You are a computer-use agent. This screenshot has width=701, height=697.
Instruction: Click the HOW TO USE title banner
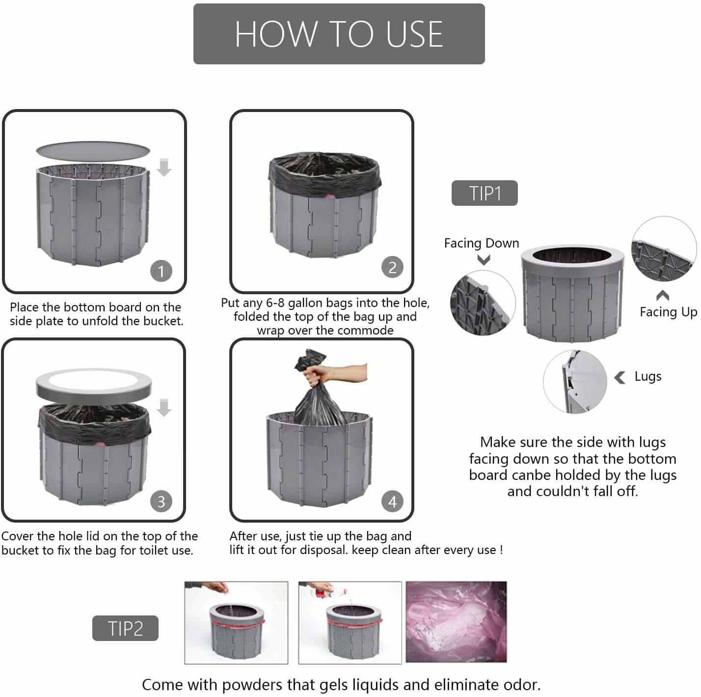(339, 34)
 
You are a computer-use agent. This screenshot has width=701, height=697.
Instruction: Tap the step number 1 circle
(161, 271)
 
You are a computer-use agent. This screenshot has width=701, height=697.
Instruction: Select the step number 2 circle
(392, 267)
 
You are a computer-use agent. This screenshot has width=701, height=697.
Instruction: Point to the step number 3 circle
(161, 501)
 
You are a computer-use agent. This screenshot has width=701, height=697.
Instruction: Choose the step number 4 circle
(392, 501)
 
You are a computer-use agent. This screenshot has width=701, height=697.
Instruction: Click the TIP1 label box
(485, 193)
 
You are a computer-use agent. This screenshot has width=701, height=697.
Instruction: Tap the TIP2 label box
(125, 628)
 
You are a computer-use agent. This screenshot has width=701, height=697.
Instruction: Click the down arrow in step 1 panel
(164, 168)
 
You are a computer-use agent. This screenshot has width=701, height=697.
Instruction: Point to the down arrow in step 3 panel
(164, 408)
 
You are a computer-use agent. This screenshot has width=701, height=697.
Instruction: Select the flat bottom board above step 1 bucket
(93, 150)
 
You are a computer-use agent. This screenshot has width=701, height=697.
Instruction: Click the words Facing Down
(482, 243)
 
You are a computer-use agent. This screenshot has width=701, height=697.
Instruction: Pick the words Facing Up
(669, 312)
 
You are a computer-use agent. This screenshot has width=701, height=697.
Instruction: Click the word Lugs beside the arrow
(648, 377)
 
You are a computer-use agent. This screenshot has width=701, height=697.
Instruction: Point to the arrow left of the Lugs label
(620, 378)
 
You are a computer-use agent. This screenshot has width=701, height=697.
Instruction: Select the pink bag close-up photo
(456, 622)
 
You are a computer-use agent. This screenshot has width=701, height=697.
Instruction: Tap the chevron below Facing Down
(484, 260)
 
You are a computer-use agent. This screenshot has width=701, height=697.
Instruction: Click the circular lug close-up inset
(575, 382)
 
